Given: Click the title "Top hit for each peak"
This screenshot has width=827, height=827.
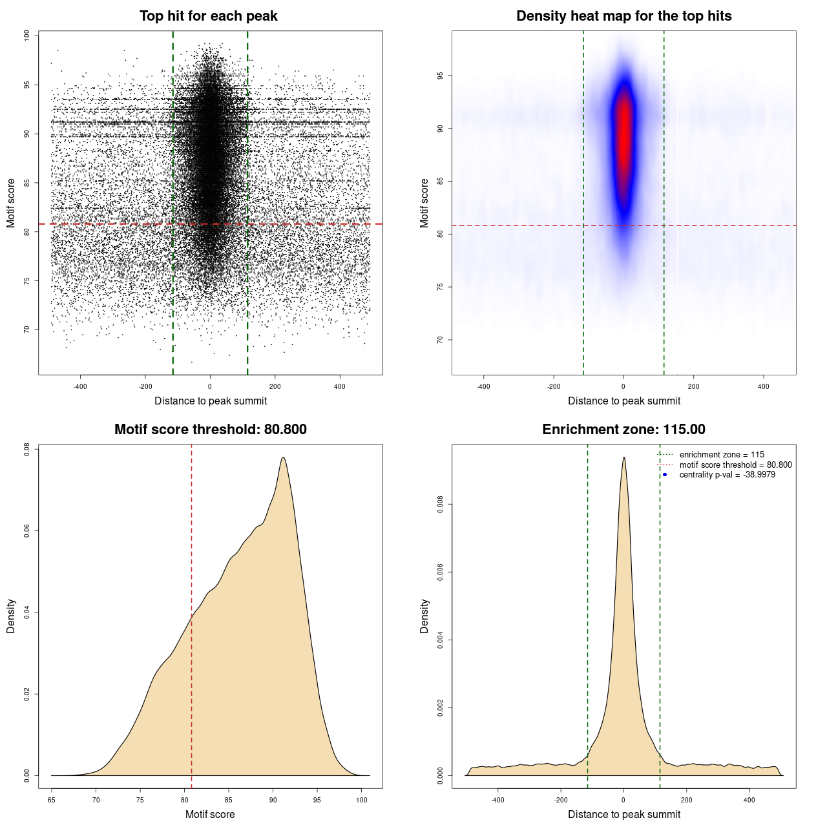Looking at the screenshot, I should [x=208, y=16].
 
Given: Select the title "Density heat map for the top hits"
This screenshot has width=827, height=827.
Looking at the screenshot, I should [x=623, y=16].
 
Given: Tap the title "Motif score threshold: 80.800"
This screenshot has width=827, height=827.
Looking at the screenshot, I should [x=210, y=430].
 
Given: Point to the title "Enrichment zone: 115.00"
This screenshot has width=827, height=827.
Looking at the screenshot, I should [x=623, y=430].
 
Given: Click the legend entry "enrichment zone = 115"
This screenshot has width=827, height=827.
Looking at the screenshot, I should [x=722, y=455].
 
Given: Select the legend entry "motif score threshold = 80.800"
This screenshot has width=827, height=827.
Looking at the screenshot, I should [x=735, y=465].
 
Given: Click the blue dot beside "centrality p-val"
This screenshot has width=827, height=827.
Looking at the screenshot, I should [x=665, y=475].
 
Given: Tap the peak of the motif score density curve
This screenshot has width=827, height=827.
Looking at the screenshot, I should [x=283, y=457].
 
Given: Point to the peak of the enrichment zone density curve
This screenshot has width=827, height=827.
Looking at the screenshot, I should [x=623, y=457].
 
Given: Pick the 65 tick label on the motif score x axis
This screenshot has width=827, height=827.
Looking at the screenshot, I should [x=52, y=800].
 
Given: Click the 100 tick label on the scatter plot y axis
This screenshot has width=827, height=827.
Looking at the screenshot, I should [x=26, y=36].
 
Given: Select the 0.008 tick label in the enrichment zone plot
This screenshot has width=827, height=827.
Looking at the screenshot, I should [x=440, y=505].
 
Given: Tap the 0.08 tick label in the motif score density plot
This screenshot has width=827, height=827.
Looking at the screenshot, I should [x=26, y=449].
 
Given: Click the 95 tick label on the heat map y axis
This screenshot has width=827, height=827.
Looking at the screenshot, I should [x=440, y=76].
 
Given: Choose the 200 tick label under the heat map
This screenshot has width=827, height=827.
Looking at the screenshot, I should [x=693, y=386].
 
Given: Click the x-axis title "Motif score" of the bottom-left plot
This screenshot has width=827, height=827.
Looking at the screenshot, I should [x=210, y=814].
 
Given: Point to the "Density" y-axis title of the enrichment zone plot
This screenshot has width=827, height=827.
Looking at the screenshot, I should [x=424, y=616].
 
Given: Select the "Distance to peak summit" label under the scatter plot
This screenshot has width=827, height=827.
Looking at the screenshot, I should [x=211, y=401].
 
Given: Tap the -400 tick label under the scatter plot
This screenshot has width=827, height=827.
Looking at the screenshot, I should [x=80, y=386].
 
